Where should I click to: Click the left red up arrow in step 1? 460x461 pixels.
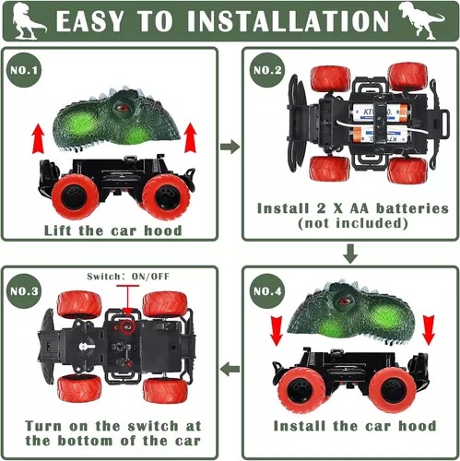click(38, 139)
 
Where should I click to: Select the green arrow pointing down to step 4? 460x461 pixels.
click(350, 253)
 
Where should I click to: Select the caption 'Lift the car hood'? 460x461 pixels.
click(112, 230)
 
